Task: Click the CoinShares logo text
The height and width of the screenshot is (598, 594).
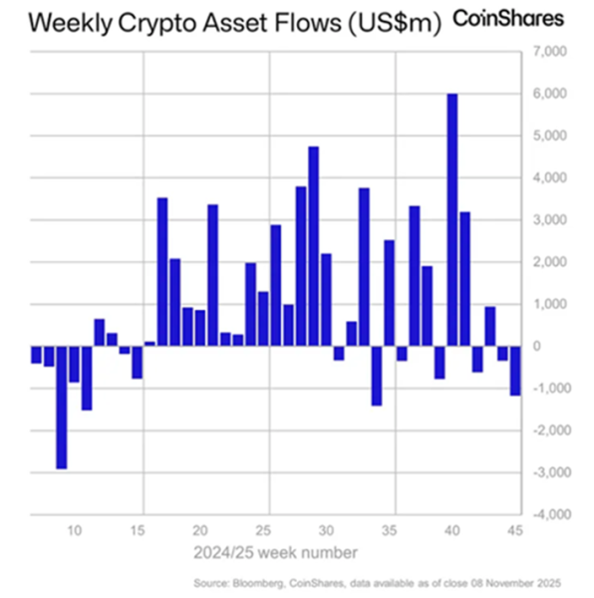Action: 509,19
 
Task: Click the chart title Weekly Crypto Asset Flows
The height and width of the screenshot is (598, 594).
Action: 221,22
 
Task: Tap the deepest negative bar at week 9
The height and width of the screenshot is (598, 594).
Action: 62,407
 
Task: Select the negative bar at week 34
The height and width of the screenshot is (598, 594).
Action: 377,376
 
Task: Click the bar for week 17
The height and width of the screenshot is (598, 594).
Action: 162,272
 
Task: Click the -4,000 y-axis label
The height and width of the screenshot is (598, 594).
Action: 551,514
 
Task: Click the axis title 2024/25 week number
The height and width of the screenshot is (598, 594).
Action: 278,550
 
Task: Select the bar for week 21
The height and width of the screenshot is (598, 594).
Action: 212,275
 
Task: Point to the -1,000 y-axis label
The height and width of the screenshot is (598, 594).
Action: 551,388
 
